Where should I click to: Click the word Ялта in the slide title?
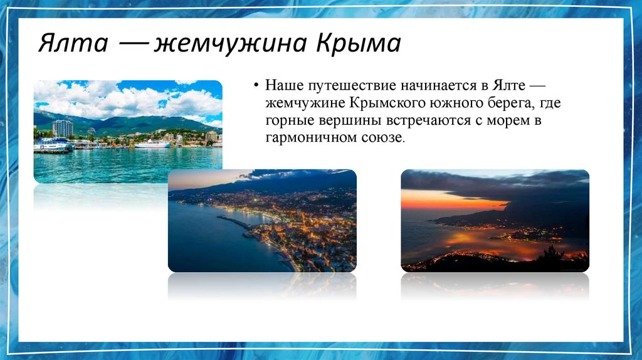[71, 44]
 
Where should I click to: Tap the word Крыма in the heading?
[358, 44]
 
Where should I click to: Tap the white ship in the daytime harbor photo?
[152, 144]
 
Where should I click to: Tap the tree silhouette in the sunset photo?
[552, 254]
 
